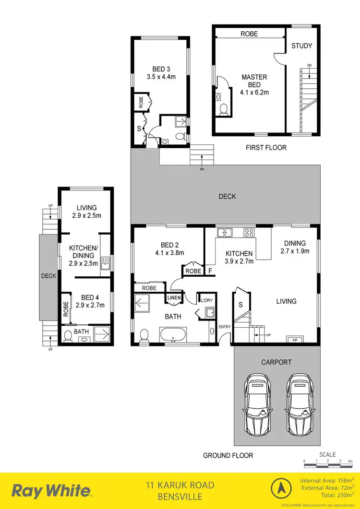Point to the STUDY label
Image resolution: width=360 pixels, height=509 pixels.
tap(302, 46)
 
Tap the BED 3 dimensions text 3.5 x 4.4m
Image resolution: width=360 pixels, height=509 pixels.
tap(162, 76)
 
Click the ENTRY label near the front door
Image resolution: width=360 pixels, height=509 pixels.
tap(225, 327)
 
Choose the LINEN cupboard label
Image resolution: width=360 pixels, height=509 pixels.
tap(173, 298)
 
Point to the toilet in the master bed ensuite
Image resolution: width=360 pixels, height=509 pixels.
tap(223, 110)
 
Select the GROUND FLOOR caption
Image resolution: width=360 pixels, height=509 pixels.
tap(228, 455)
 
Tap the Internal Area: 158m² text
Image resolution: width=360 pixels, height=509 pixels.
tap(326, 480)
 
